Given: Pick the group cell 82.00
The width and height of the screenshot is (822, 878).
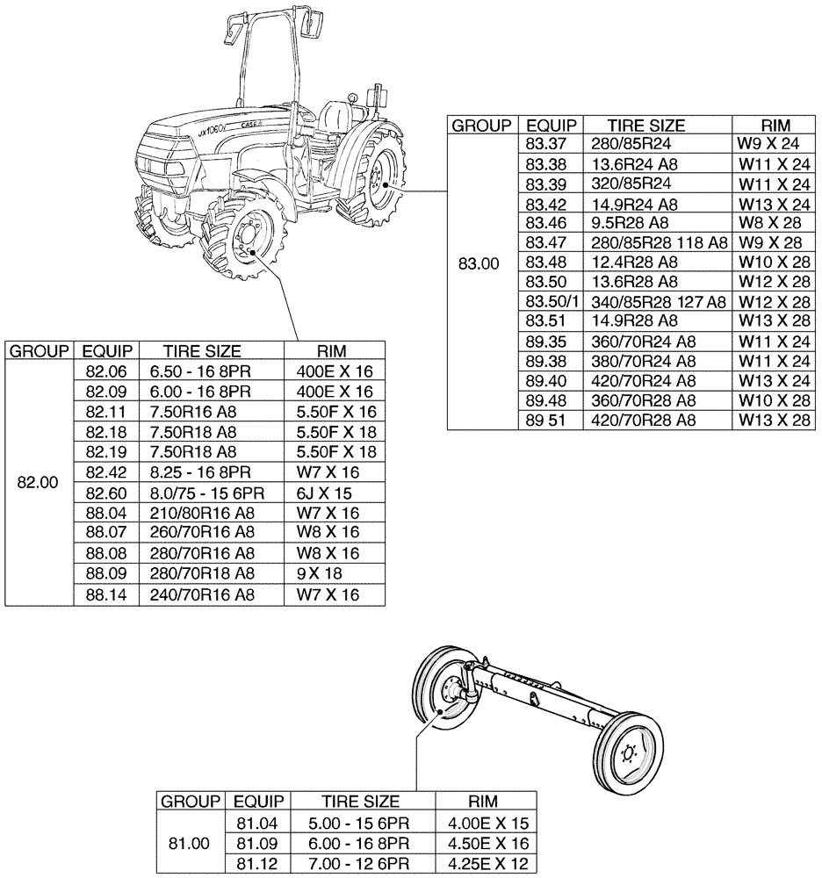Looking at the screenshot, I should (x=39, y=482).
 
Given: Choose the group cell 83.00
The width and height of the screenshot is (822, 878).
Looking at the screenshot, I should (x=481, y=263).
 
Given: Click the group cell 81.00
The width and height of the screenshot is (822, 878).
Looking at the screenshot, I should (x=189, y=844).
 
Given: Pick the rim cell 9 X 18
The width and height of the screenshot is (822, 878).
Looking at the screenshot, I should (x=308, y=573).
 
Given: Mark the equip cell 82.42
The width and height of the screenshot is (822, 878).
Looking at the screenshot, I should (x=105, y=472).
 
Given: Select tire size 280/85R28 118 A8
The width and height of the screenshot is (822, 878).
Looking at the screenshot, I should (x=654, y=242).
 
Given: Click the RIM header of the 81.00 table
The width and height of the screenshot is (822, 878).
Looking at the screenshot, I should (x=482, y=802).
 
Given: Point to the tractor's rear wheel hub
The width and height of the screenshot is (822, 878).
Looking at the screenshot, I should (x=379, y=183).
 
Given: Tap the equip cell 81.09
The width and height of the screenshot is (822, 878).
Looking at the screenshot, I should (x=257, y=844).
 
